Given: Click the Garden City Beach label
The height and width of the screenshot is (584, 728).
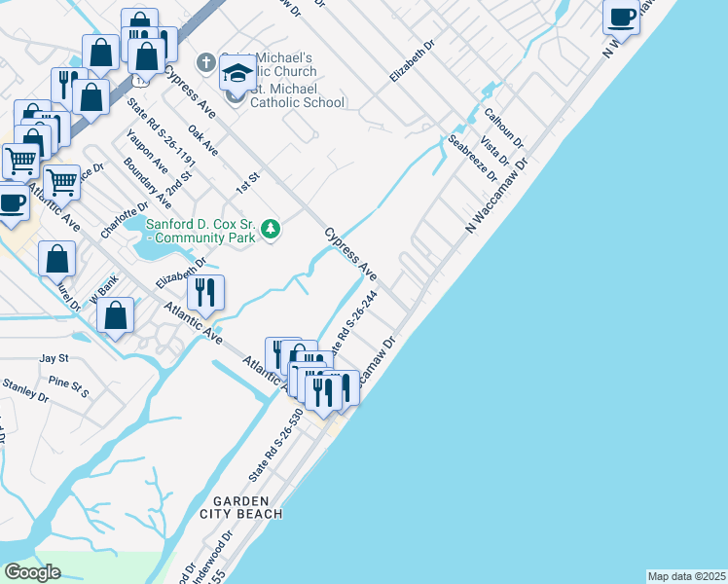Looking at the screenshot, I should click(240, 506).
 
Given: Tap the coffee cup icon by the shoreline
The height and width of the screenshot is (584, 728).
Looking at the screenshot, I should click(621, 16).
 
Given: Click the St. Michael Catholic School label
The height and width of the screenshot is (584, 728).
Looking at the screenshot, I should click(297, 101).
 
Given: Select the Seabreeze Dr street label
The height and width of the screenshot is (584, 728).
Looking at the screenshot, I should click(471, 157).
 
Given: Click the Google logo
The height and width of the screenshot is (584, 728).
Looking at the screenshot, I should click(32, 572).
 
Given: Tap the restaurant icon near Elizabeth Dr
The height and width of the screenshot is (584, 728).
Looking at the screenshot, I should click(205, 291).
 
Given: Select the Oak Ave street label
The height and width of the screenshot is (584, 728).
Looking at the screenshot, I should click(202, 141).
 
